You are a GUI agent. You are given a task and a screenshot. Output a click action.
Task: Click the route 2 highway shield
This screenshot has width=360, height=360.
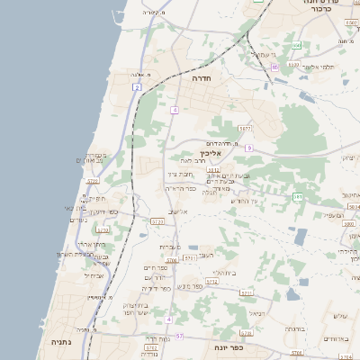click(137, 87)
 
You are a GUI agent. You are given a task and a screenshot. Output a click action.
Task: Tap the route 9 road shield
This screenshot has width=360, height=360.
click(248, 147)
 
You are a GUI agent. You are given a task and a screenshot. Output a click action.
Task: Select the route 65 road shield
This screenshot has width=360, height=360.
click(276, 66)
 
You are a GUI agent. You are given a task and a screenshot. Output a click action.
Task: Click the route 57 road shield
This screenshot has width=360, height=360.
click(179, 336)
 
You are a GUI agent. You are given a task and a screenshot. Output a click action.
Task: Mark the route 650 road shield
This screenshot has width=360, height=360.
click(295, 45)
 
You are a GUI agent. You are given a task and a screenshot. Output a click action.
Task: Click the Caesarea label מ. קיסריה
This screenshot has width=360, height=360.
click(156, 13)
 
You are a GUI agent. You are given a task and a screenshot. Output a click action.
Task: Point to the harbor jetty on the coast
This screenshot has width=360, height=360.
click(117, 16)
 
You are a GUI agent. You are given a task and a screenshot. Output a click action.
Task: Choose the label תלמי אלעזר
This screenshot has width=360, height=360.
click(318, 67)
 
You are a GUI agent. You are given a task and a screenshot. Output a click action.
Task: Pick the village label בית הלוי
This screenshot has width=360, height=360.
click(223, 272)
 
